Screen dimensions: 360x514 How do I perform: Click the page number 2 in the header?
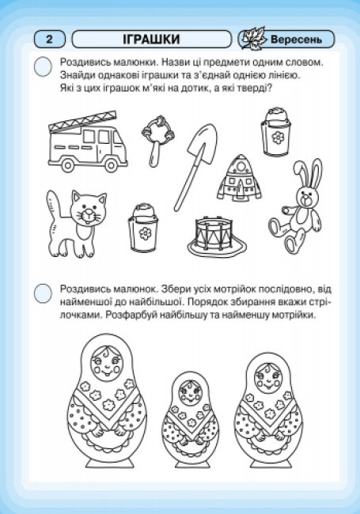pyautogui.click(x=49, y=40)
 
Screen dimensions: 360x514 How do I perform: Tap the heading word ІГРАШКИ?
pyautogui.click(x=151, y=40)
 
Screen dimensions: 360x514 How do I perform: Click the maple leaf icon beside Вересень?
pyautogui.click(x=252, y=40)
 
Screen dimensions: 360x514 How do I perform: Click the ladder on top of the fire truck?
pyautogui.click(x=82, y=122)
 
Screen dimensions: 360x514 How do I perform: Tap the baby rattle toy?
pyautogui.click(x=157, y=140)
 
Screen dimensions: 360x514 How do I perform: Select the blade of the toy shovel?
pyautogui.click(x=203, y=143)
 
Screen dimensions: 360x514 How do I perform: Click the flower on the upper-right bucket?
pyautogui.click(x=278, y=138)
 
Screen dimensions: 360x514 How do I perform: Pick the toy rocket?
pyautogui.click(x=239, y=179)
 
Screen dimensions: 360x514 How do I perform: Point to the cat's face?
pyautogui.click(x=89, y=210)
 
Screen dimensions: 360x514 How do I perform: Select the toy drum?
pyautogui.click(x=217, y=236)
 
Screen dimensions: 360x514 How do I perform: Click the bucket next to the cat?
pyautogui.click(x=143, y=228)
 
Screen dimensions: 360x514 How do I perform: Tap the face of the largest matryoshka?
pyautogui.click(x=106, y=364)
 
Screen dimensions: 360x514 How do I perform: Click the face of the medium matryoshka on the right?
pyautogui.click(x=268, y=378)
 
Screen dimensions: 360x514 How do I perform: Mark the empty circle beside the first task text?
pyautogui.click(x=43, y=66)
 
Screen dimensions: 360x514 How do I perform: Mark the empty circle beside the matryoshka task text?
pyautogui.click(x=43, y=293)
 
